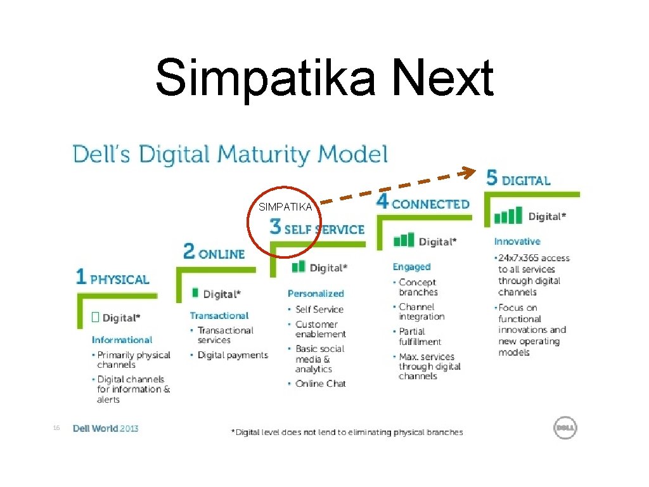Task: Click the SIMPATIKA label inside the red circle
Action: point(285,207)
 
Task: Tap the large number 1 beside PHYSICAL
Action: point(80,276)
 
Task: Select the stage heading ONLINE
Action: point(221,254)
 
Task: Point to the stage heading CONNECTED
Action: point(431,204)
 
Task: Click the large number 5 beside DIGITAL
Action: point(492,178)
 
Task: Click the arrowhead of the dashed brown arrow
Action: point(469,171)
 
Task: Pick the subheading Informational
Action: point(122,340)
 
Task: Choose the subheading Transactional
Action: point(219,316)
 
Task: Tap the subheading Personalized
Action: point(316,294)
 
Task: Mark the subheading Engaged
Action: point(411,267)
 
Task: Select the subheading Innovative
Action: point(517,242)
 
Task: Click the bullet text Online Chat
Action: point(321,384)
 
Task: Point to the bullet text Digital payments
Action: point(233,355)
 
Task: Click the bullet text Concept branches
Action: point(418,287)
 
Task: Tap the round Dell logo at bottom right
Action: point(565,428)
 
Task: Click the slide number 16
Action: point(56,429)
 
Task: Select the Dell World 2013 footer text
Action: point(105,429)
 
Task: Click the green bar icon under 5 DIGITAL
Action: point(508,216)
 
